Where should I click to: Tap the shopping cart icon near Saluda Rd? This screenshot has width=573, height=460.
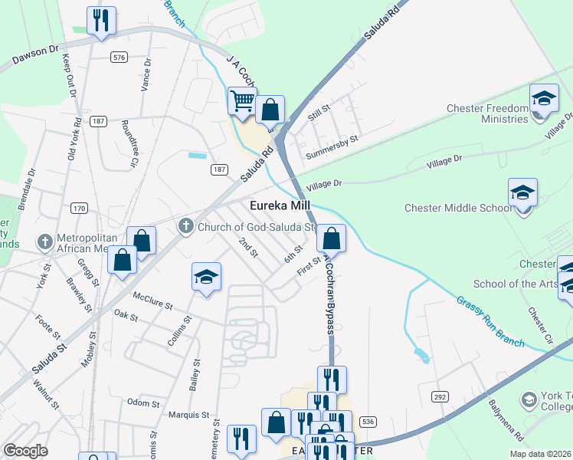pyautogui.click(x=242, y=100)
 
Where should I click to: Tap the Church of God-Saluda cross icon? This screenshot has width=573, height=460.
pyautogui.click(x=185, y=226)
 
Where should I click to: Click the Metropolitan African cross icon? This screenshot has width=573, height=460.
pyautogui.click(x=45, y=243)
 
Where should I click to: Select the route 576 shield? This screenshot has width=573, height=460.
pyautogui.click(x=119, y=58)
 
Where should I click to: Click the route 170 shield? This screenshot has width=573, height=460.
pyautogui.click(x=79, y=208)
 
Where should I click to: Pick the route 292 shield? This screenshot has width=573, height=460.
pyautogui.click(x=440, y=396)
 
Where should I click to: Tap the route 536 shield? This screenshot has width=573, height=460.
pyautogui.click(x=368, y=422)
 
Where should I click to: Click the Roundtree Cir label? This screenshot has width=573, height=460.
pyautogui.click(x=128, y=143)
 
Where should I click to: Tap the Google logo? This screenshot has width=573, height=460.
pyautogui.click(x=25, y=451)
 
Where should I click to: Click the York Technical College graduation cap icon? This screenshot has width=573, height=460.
pyautogui.click(x=529, y=399)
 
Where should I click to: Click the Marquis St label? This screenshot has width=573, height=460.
pyautogui.click(x=188, y=415)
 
